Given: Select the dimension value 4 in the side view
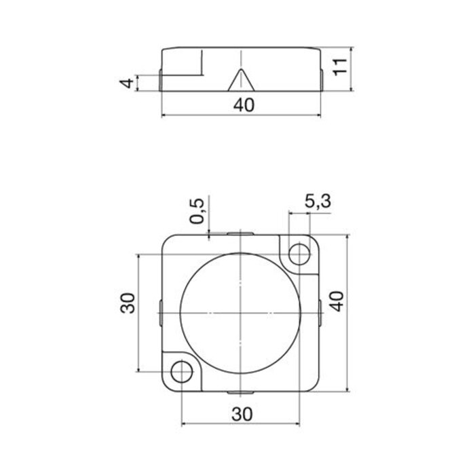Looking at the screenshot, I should pyautogui.click(x=125, y=83).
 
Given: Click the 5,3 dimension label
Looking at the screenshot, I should pyautogui.click(x=317, y=201).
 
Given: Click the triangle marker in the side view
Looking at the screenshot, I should pyautogui.click(x=240, y=81).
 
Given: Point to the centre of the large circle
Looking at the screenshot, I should pyautogui.click(x=241, y=313).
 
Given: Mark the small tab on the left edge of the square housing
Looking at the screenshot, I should pyautogui.click(x=159, y=313).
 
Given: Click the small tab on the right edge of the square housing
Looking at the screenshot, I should pyautogui.click(x=320, y=313).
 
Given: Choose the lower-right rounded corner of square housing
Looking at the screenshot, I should pyautogui.click(x=315, y=387).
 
